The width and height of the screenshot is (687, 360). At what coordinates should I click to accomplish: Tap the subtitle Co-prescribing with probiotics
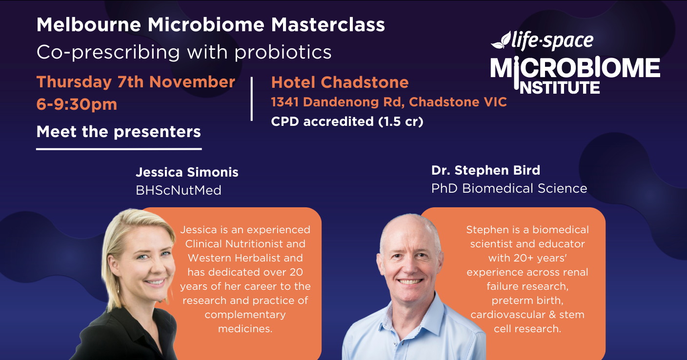(x=184, y=52)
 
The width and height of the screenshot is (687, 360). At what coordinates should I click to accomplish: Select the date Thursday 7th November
(x=136, y=82)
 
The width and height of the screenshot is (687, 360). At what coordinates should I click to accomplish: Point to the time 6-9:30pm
(x=77, y=104)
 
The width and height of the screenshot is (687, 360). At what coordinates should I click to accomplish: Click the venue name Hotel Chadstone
(x=340, y=82)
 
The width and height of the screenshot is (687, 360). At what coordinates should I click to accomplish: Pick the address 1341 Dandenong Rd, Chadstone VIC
(x=389, y=102)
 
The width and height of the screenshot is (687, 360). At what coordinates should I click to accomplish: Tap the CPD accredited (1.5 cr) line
(x=347, y=121)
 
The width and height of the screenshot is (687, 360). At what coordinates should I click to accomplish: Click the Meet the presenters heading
(x=119, y=132)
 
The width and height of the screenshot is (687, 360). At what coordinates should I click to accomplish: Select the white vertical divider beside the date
(x=252, y=98)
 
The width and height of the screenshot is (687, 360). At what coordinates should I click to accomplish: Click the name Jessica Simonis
(x=187, y=172)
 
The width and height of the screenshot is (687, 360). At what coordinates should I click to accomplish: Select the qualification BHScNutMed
(x=179, y=190)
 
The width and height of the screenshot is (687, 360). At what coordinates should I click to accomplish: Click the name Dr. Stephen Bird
(x=485, y=170)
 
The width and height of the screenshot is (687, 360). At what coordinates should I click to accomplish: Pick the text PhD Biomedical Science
(x=509, y=188)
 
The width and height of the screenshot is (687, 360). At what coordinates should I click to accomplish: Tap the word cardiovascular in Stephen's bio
(x=511, y=314)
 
